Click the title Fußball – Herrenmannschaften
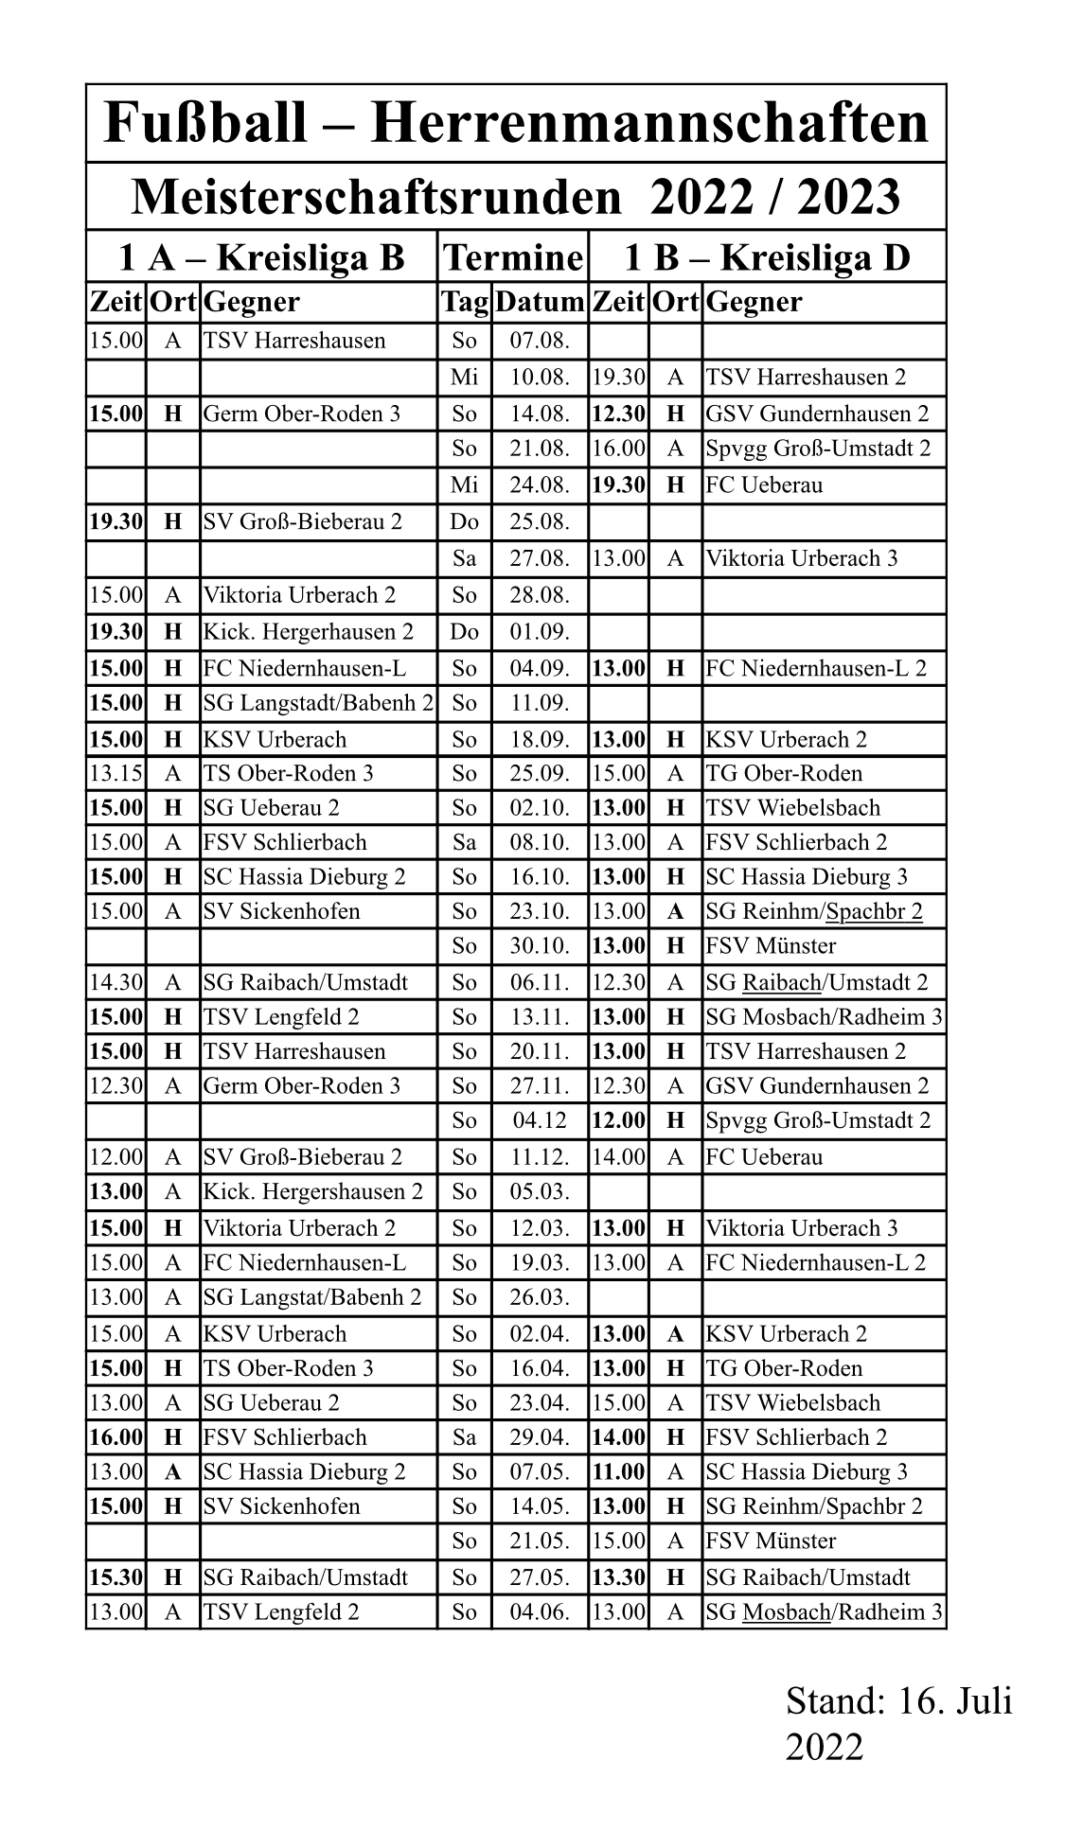click(516, 124)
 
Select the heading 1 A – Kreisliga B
click(261, 257)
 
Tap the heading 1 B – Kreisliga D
click(767, 257)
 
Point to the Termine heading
click(512, 257)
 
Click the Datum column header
click(540, 303)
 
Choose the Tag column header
click(464, 303)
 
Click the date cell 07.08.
click(540, 341)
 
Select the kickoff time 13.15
click(115, 774)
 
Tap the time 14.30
click(115, 982)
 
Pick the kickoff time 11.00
click(618, 1471)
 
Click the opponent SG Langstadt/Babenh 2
click(318, 704)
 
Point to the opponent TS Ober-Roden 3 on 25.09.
click(288, 774)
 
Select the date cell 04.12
click(540, 1120)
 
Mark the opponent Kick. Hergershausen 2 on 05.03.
click(312, 1191)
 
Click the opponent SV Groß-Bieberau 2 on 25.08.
click(302, 521)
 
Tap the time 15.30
click(115, 1577)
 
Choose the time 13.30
click(618, 1577)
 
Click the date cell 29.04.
click(540, 1437)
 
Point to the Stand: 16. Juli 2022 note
click(898, 1723)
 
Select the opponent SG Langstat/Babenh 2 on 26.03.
click(311, 1297)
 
